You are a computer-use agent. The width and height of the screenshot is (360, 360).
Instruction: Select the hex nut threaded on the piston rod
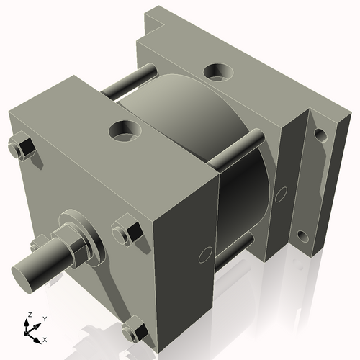coord(76,246)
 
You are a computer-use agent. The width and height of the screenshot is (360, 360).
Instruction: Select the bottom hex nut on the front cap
coord(135,332)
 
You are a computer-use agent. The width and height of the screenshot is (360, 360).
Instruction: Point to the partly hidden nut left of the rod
coord(36,243)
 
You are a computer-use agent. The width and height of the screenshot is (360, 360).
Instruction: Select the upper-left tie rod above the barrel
coord(130,81)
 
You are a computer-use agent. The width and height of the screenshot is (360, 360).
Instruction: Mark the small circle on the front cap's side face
coord(204,253)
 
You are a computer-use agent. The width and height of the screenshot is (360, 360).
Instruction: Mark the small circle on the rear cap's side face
coord(282,192)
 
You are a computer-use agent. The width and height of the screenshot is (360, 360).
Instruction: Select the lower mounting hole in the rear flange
coord(303,236)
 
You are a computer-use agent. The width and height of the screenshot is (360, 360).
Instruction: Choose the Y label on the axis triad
coord(45,318)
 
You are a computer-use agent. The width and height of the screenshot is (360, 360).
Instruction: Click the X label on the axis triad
coord(45,338)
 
